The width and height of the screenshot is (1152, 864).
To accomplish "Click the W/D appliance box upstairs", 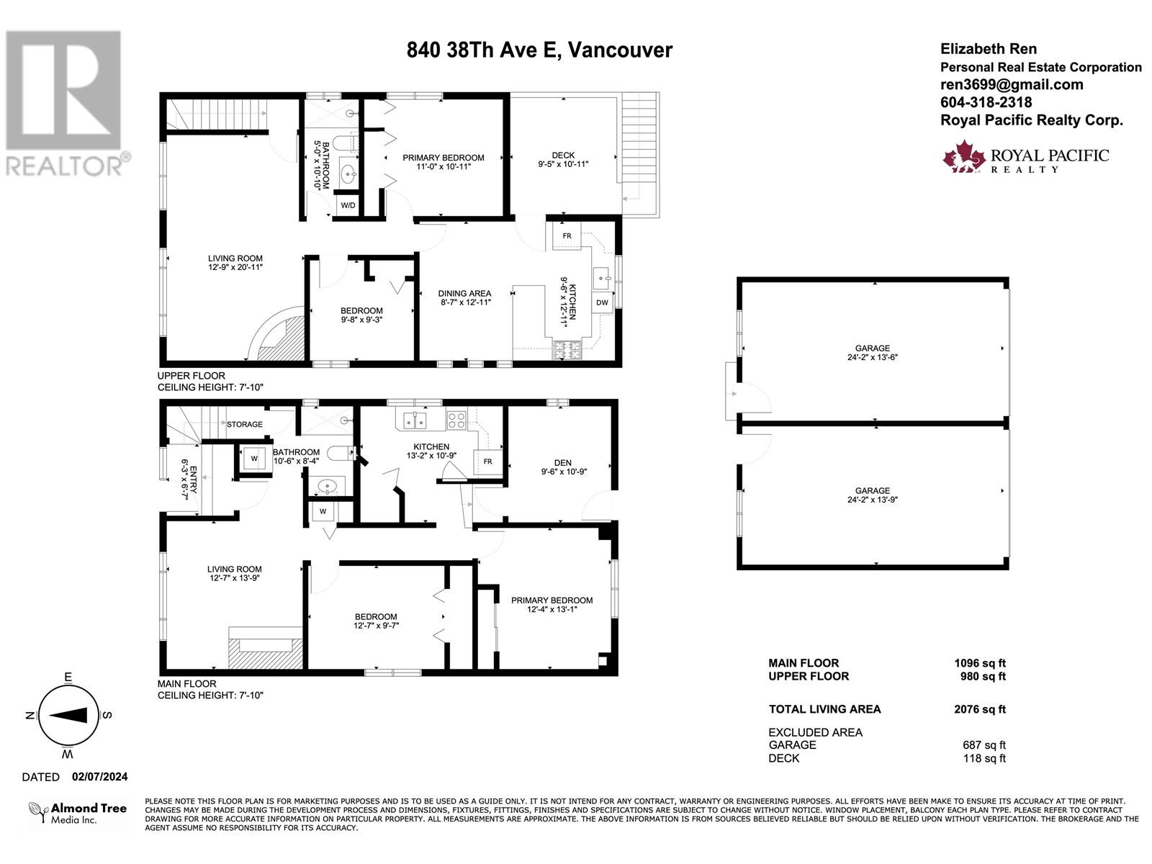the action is [348, 205].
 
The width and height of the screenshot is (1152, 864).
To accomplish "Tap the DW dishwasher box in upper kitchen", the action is [602, 302].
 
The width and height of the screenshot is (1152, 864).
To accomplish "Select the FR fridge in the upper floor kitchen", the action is [567, 235].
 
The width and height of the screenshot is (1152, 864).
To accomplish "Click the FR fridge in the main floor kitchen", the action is [488, 462].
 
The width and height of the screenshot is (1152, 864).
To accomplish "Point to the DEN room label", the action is [562, 463].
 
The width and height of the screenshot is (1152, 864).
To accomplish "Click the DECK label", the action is [563, 156].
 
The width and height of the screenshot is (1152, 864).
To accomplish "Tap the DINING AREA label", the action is [464, 294].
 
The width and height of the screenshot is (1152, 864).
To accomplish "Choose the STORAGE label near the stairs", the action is [245, 424].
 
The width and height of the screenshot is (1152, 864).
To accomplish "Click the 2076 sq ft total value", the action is [979, 709].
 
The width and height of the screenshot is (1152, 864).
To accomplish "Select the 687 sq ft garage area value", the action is [984, 745].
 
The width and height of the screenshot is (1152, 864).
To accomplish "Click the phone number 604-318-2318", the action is [986, 102].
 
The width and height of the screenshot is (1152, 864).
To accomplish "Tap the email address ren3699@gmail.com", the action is [1012, 84].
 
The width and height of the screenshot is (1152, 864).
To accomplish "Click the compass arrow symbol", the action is [68, 715].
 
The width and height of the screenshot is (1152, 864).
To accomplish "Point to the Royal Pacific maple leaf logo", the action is [964, 156].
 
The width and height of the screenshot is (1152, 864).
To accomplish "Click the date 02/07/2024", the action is [99, 777].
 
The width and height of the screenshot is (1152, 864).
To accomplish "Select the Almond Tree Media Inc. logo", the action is [78, 813].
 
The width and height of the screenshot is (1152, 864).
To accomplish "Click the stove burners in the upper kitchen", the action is [567, 350].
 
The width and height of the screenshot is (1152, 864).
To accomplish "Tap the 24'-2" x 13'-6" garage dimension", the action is [872, 357].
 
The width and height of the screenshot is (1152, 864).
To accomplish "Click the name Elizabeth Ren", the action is [989, 49].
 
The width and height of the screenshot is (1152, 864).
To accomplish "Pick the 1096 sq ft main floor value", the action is [980, 663].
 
